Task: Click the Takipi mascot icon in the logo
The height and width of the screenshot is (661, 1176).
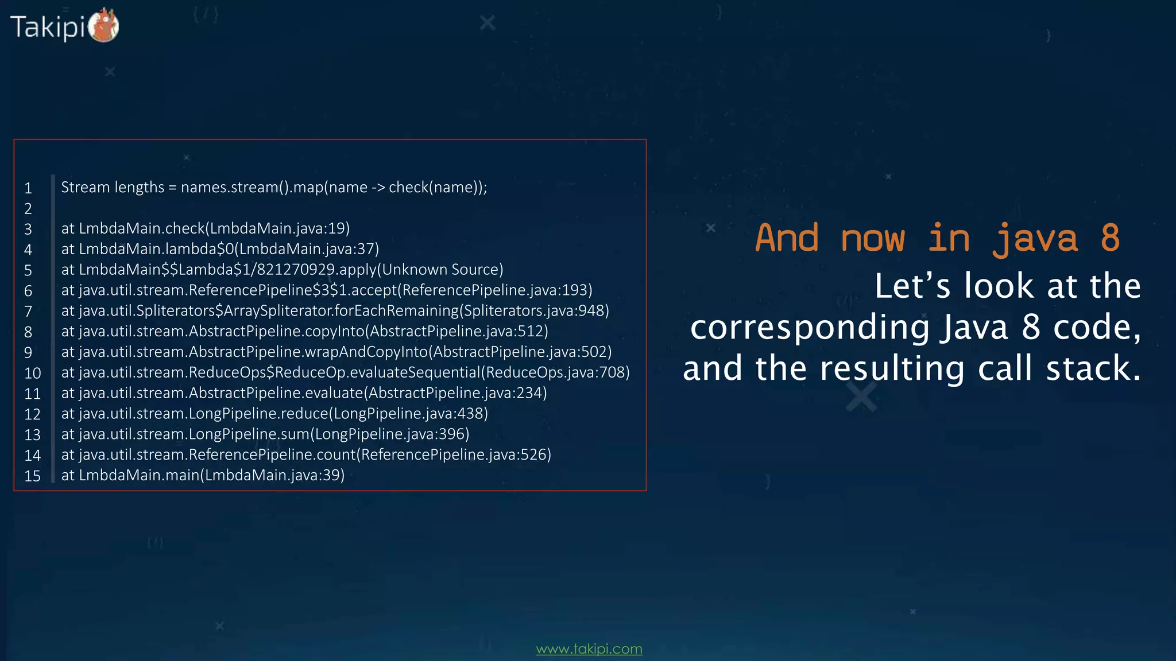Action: pos(104,26)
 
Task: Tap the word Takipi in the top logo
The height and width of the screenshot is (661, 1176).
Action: pos(48,27)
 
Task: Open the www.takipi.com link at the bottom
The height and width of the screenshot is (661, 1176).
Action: pos(589,649)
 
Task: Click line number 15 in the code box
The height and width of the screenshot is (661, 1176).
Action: pos(32,476)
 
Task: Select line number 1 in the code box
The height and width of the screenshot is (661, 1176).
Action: pos(28,188)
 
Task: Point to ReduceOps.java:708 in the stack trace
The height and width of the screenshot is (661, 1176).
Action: pos(555,372)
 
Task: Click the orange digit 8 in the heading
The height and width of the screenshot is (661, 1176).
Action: pos(1109,238)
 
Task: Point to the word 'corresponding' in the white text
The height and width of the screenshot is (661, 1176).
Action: pos(810,328)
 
